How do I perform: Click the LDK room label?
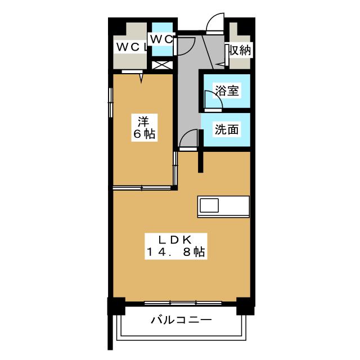pyautogui.click(x=175, y=240)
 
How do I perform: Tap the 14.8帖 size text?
pyautogui.click(x=175, y=252)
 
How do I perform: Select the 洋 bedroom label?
pyautogui.click(x=144, y=121)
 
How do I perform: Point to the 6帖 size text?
pyautogui.click(x=144, y=134)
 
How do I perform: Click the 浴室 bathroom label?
pyautogui.click(x=227, y=90)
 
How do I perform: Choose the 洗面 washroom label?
pyautogui.click(x=227, y=129)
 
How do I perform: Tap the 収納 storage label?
pyautogui.click(x=240, y=50)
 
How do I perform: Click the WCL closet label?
pyautogui.click(x=131, y=47)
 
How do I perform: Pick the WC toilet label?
pyautogui.click(x=161, y=39)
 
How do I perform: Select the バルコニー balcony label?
pyautogui.click(x=181, y=319)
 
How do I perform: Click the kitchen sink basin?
pyautogui.click(x=209, y=205)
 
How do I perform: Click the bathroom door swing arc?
pyautogui.click(x=214, y=99)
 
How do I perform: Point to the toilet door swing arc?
pyautogui.click(x=186, y=46)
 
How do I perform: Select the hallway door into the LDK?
pyautogui.click(x=188, y=139)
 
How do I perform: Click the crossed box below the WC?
pyautogui.click(x=163, y=65)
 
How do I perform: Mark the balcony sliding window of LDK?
pyautogui.click(x=183, y=303)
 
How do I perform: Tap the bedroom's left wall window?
pyautogui.click(x=110, y=102)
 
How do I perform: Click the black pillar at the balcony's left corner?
pyautogui.click(x=116, y=306)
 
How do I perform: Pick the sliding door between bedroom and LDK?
pyautogui.click(x=142, y=188)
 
